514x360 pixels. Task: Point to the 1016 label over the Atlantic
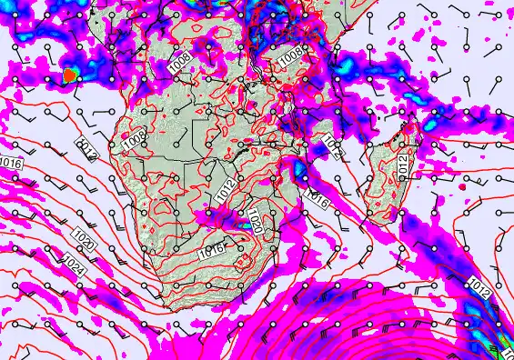click(x=12, y=163)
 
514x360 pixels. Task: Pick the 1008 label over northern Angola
click(x=180, y=63)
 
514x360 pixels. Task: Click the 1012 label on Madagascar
click(x=403, y=163)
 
